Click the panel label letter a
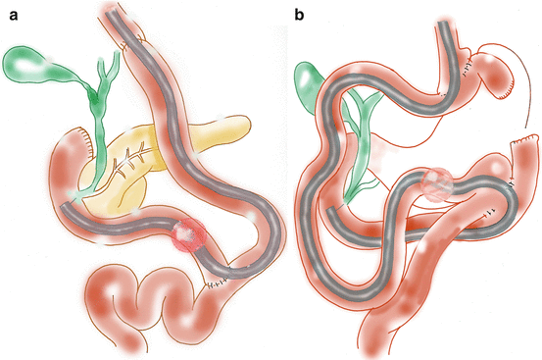pos(13,16)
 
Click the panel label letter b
pos(299,15)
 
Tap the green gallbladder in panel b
pos(306,86)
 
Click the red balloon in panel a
pos(189,234)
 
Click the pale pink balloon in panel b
pos(437,184)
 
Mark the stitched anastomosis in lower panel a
pos(217,283)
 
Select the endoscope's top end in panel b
pos(444,24)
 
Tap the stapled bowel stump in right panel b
pos(524,138)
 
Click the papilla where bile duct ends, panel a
pos(76,196)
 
